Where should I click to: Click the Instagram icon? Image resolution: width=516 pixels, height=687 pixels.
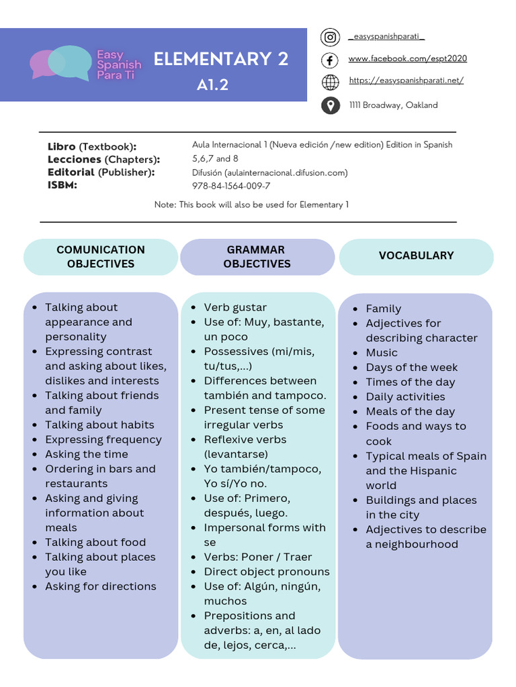tap(330, 38)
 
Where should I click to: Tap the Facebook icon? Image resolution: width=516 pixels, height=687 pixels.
tap(330, 60)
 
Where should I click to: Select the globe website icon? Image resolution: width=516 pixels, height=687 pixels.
tap(330, 82)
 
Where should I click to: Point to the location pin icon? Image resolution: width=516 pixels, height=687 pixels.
tap(330, 105)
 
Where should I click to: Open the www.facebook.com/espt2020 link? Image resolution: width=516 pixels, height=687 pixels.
tap(407, 59)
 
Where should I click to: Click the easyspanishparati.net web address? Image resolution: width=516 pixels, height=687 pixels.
tap(406, 81)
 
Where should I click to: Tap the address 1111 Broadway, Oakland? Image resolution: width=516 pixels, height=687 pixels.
tap(393, 105)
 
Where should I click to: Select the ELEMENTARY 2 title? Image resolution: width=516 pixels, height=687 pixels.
tap(221, 60)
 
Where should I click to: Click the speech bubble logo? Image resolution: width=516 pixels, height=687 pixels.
tap(59, 63)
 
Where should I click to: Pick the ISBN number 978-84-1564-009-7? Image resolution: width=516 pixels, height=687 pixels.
tap(231, 186)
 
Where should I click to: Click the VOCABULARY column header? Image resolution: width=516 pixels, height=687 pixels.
tap(416, 256)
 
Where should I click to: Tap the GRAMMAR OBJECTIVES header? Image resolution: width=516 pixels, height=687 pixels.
tap(257, 256)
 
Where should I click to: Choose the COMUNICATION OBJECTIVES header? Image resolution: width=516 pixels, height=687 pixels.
tap(101, 256)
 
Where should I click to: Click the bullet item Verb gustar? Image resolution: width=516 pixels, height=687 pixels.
tap(235, 307)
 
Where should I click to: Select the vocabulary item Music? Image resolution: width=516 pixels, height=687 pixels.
tap(382, 353)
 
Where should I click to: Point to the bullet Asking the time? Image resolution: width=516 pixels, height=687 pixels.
tap(86, 454)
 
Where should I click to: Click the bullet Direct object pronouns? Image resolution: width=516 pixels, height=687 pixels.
tap(267, 572)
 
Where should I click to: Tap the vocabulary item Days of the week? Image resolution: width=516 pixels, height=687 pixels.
tap(411, 368)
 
